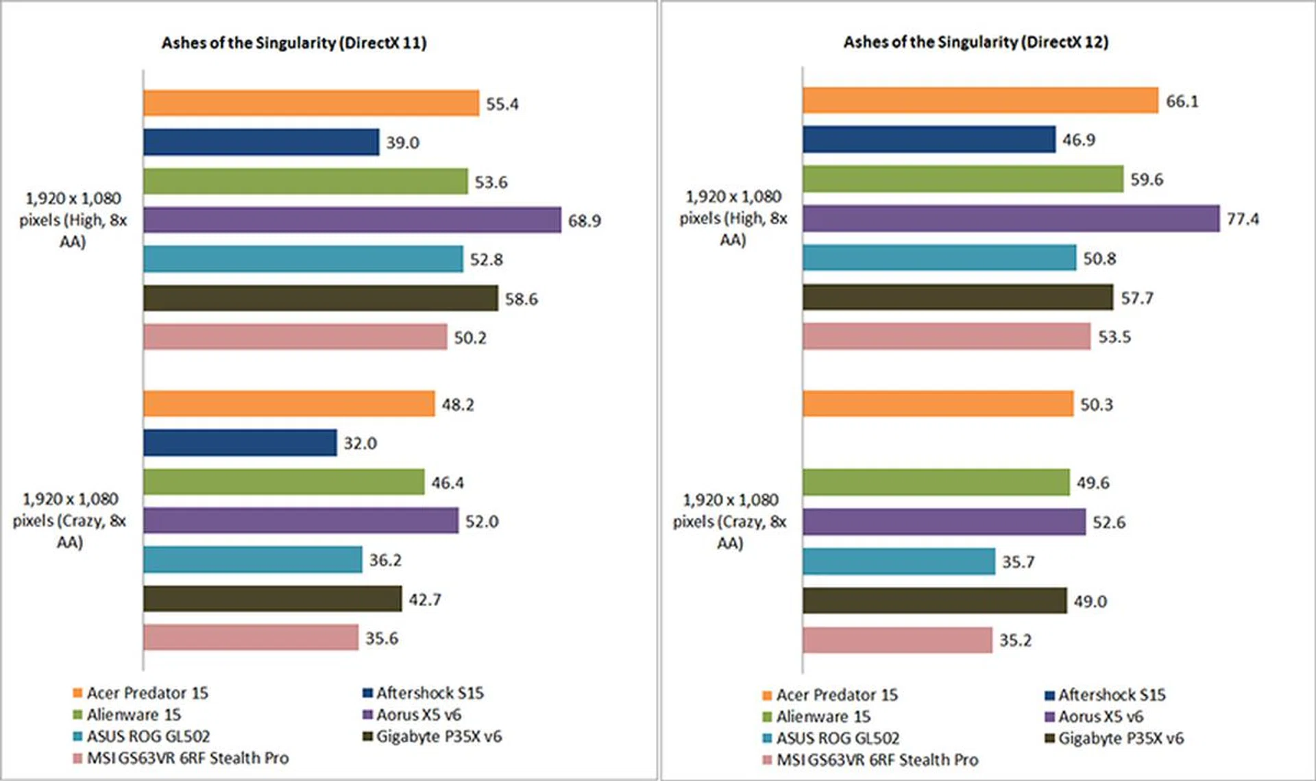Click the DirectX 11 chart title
(293, 43)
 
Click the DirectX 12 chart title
(975, 42)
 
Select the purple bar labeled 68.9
(352, 220)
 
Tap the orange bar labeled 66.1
(980, 101)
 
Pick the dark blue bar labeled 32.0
(240, 443)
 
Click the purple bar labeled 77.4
(1011, 219)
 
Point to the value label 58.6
(521, 299)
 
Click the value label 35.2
(1015, 640)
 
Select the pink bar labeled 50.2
(295, 337)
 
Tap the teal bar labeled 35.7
(899, 562)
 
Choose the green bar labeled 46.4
(284, 482)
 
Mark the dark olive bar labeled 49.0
(935, 601)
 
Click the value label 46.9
(1079, 140)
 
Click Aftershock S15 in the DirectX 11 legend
(429, 693)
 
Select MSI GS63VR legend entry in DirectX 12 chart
(877, 760)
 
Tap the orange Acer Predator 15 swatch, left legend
(77, 693)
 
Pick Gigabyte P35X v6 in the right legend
(1121, 738)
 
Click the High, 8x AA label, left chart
(73, 220)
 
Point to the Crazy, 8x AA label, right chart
(730, 522)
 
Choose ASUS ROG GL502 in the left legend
(148, 736)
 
